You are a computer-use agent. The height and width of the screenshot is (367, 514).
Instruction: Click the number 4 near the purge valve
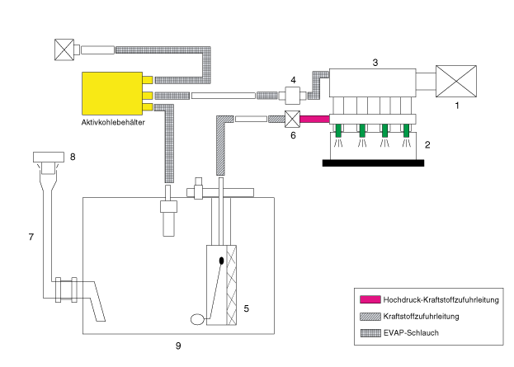click(292, 80)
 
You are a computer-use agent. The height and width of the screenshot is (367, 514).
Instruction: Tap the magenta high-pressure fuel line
click(314, 119)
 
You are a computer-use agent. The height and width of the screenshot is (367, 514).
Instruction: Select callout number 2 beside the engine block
click(427, 144)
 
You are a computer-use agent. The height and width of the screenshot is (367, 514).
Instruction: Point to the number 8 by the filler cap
click(73, 153)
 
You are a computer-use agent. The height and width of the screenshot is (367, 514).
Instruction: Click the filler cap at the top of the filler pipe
click(50, 157)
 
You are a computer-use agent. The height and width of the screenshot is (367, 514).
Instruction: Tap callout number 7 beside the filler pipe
click(31, 238)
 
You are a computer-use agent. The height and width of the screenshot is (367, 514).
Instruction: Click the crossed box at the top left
click(63, 49)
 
